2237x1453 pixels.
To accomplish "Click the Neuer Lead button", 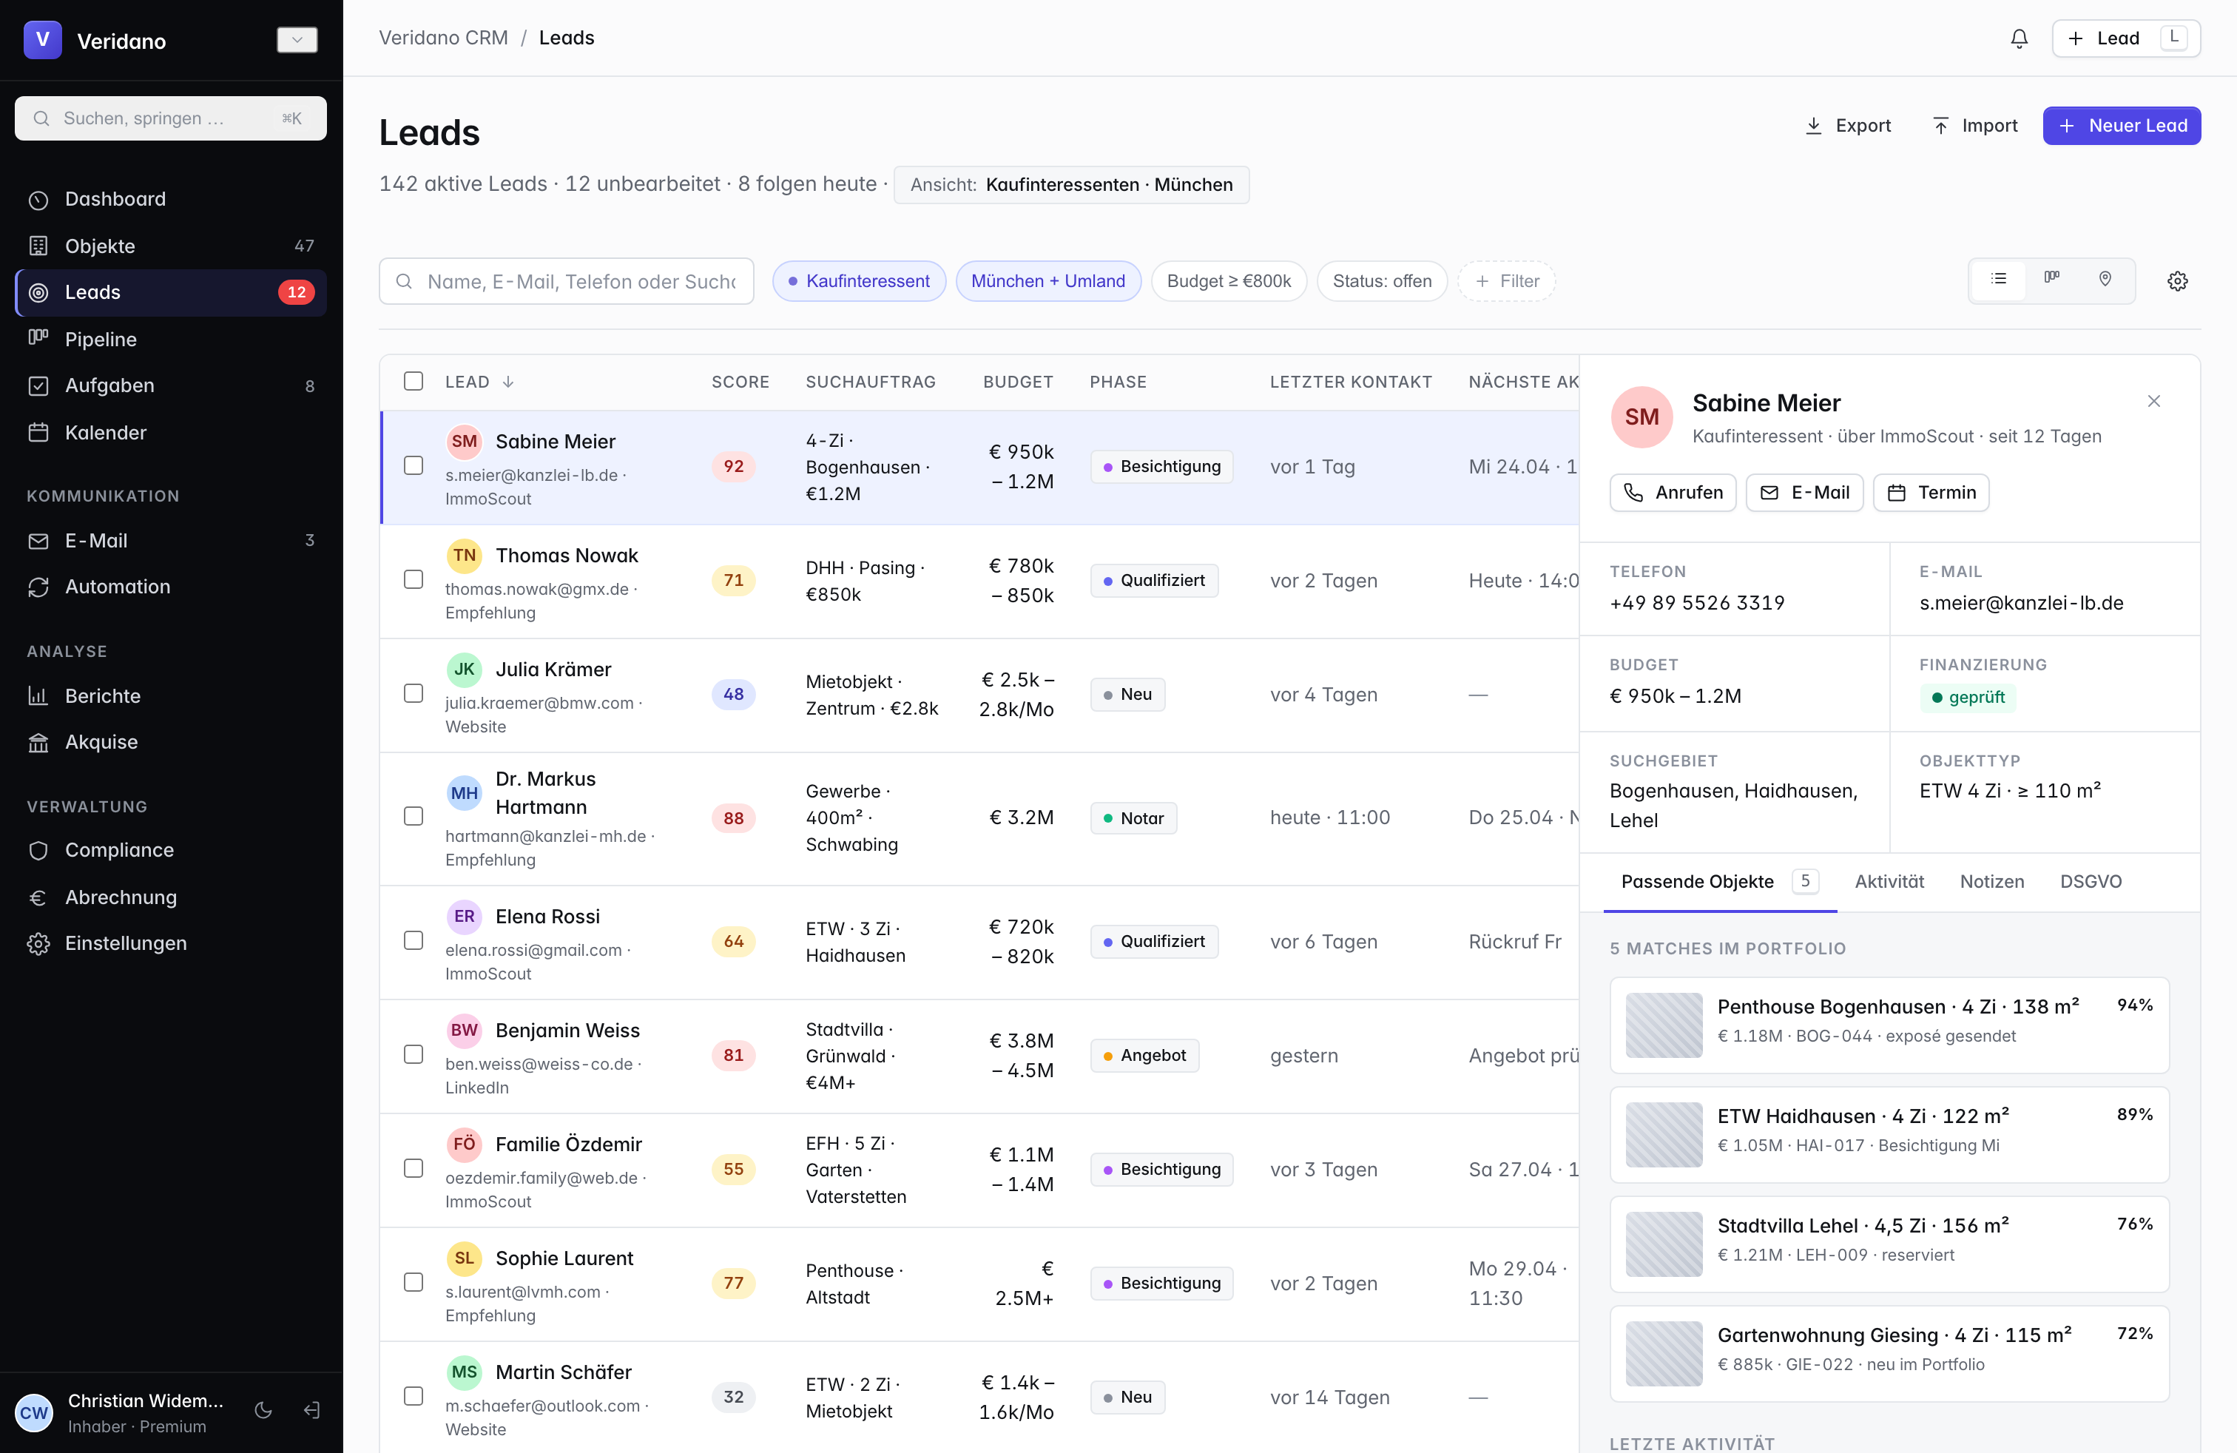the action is [2122, 125].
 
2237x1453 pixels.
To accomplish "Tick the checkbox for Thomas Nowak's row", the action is [414, 579].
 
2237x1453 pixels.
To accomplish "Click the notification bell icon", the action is [2019, 38].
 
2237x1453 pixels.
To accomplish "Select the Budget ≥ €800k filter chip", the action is [1229, 281].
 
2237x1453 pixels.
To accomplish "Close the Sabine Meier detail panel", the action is [2154, 401].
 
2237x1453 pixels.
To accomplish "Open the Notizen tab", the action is [1991, 882].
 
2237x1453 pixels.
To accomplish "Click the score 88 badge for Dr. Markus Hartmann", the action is [733, 817].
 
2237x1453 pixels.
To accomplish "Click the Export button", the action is [1848, 125].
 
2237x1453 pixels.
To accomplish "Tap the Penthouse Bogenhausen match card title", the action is [1897, 1007].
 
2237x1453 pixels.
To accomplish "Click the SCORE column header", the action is [740, 382].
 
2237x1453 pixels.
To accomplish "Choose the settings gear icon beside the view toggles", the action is [2178, 281].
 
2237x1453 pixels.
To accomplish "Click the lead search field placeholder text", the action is [581, 281].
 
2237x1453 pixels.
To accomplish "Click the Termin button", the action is [1931, 493].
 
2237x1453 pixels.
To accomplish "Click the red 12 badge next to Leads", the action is [296, 292].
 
